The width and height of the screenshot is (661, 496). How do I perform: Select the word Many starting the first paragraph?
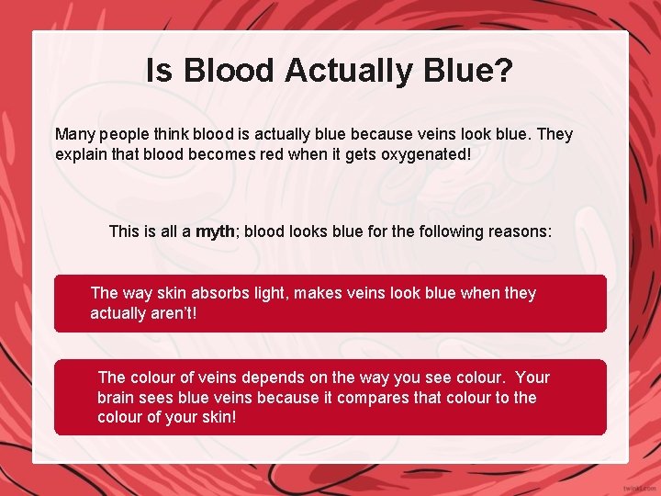[75, 134]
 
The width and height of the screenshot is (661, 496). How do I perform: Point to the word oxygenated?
[423, 154]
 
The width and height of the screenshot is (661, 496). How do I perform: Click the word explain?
[81, 154]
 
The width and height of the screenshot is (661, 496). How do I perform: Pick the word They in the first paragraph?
[554, 134]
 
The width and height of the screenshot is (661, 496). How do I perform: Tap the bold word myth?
[215, 231]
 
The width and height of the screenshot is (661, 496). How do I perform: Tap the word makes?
[323, 293]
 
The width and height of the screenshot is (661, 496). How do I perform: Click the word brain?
[118, 398]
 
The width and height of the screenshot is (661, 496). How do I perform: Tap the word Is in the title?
[158, 71]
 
